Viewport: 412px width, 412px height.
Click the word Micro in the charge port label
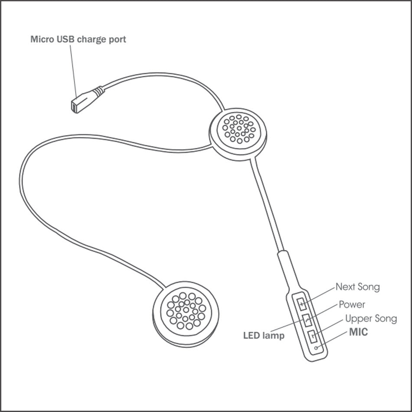40,39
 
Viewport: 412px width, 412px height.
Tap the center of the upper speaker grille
238,128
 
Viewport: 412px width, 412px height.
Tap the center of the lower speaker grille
186,310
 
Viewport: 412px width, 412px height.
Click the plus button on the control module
302,304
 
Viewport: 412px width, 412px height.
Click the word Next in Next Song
345,287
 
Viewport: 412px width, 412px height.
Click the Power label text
352,304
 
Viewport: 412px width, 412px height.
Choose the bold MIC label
358,333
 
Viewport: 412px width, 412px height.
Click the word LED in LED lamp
251,335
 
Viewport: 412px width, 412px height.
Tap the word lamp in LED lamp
274,336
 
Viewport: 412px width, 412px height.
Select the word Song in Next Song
369,287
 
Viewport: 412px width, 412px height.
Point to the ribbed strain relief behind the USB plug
98,92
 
